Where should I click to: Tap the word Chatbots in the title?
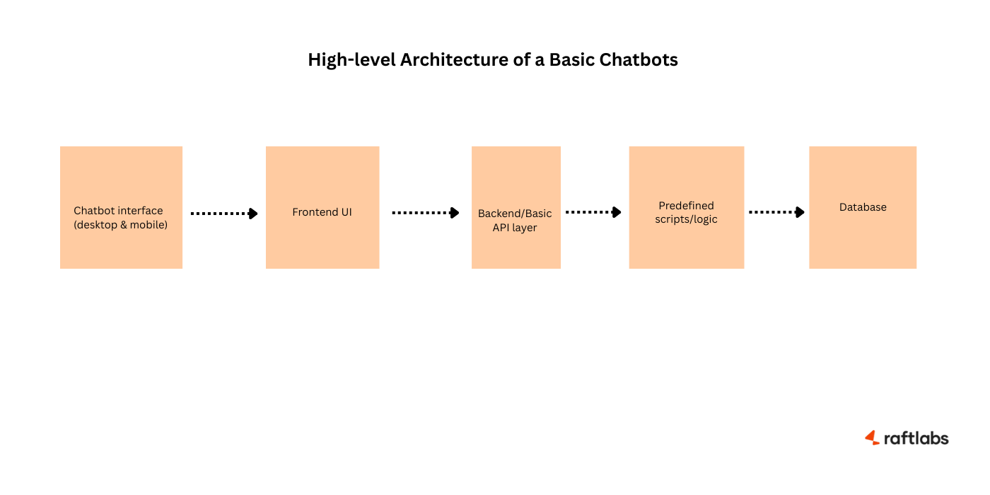(x=639, y=60)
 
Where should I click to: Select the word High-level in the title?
(x=351, y=60)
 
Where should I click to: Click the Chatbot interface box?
(x=121, y=207)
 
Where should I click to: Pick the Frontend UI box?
(x=322, y=207)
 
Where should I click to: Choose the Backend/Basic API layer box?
(x=516, y=207)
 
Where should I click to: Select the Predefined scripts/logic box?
(x=686, y=207)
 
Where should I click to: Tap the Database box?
(x=863, y=207)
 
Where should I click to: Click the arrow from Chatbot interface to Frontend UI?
(x=224, y=213)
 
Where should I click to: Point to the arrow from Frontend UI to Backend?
(x=426, y=212)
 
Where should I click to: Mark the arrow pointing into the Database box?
(x=776, y=211)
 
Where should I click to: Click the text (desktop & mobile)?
(x=121, y=226)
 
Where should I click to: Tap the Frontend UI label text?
(x=322, y=212)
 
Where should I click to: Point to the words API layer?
(x=515, y=228)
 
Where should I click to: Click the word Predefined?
(x=686, y=205)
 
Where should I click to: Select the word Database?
(x=863, y=207)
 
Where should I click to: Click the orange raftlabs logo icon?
(x=872, y=438)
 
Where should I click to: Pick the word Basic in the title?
(x=572, y=60)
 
